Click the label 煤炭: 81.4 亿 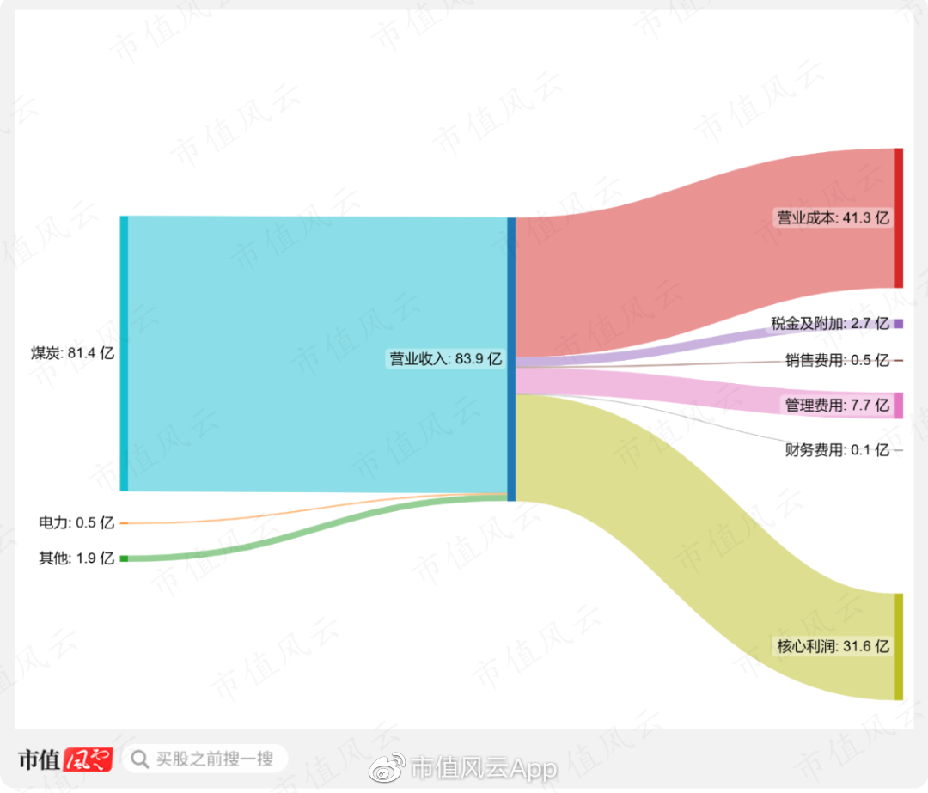(72, 352)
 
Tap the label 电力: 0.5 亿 (76, 522)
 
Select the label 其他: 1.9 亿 (76, 558)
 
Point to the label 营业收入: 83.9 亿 (445, 359)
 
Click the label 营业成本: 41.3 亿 (833, 218)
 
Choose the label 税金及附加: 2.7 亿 (829, 324)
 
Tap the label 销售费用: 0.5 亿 (836, 361)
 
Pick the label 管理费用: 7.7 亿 (836, 405)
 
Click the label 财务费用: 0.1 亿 (836, 449)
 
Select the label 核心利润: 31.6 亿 (833, 646)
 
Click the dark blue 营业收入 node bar (511, 359)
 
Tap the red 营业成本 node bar (899, 218)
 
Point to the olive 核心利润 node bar (899, 646)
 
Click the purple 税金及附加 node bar (899, 324)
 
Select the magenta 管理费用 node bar (899, 405)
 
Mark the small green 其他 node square (124, 558)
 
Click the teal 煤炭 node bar (124, 353)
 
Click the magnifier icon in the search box (139, 759)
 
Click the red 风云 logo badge (89, 759)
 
